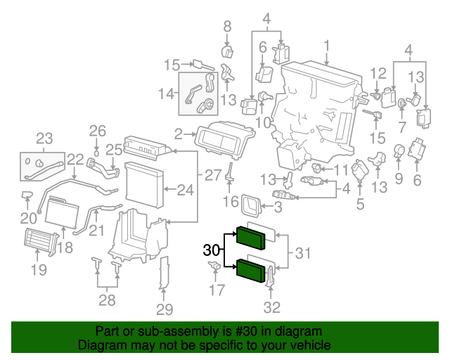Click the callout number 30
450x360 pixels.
coord(212,250)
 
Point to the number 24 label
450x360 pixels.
coord(185,190)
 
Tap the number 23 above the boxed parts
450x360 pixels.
coord(44,138)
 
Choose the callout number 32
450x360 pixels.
coord(271,307)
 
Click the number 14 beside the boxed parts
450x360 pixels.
coord(166,94)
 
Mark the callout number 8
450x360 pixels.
coord(227,27)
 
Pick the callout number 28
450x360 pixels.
coord(107,301)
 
